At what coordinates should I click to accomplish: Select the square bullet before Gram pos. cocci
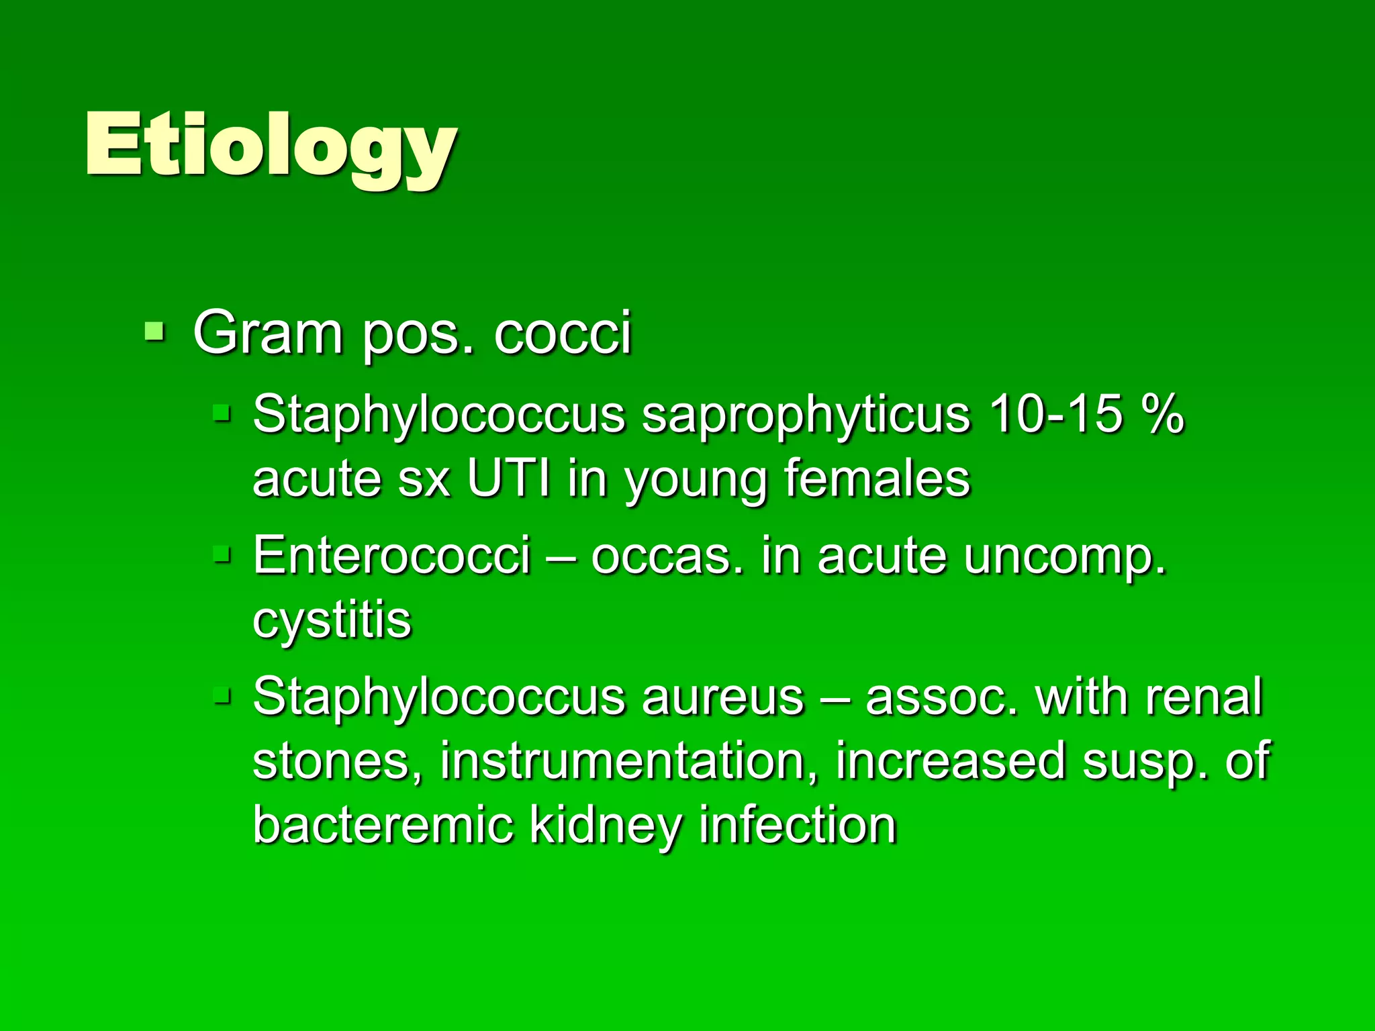click(x=154, y=331)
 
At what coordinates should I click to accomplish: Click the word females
click(x=877, y=478)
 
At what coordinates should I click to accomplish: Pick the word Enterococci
click(x=391, y=555)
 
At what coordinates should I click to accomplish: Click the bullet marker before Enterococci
click(x=222, y=555)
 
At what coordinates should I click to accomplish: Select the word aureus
click(x=722, y=697)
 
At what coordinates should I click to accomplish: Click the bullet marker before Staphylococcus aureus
click(x=222, y=696)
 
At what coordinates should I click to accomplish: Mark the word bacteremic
click(x=383, y=824)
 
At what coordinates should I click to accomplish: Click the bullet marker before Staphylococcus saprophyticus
click(x=222, y=412)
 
